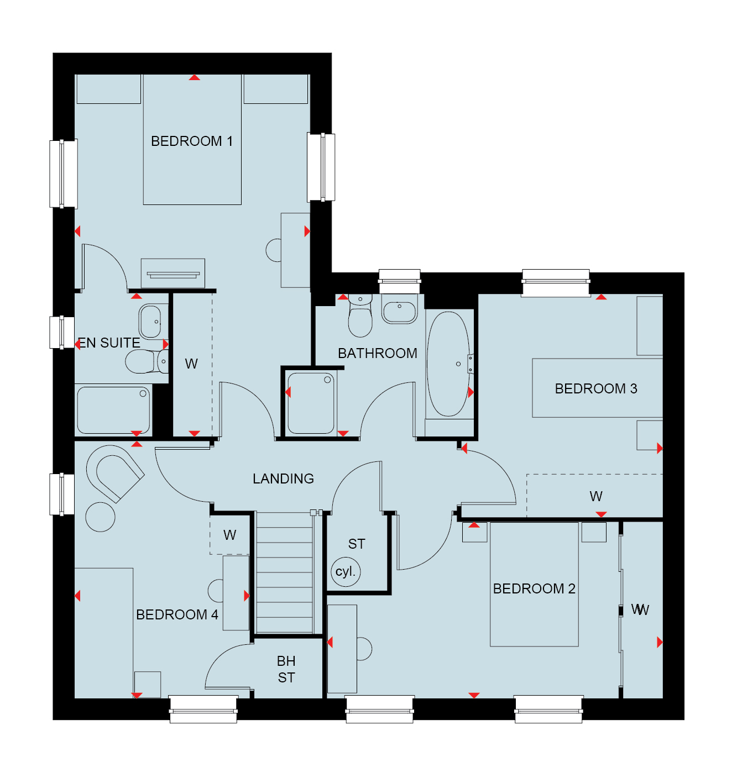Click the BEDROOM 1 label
pyautogui.click(x=192, y=141)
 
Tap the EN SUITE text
pyautogui.click(x=109, y=343)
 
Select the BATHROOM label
pyautogui.click(x=378, y=353)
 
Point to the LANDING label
pyautogui.click(x=283, y=478)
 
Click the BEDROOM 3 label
pyautogui.click(x=595, y=388)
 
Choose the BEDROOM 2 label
pyautogui.click(x=534, y=588)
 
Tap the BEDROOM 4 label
pyautogui.click(x=177, y=614)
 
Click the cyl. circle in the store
pyautogui.click(x=346, y=572)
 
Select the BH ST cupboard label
pyautogui.click(x=286, y=670)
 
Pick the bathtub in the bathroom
pyautogui.click(x=448, y=364)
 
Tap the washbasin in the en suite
pyautogui.click(x=150, y=321)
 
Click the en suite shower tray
pyautogui.click(x=113, y=410)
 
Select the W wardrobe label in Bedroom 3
pyautogui.click(x=596, y=496)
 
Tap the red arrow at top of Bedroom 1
pyautogui.click(x=195, y=77)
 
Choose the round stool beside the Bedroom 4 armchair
pyautogui.click(x=100, y=517)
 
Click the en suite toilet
pyautogui.click(x=147, y=361)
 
